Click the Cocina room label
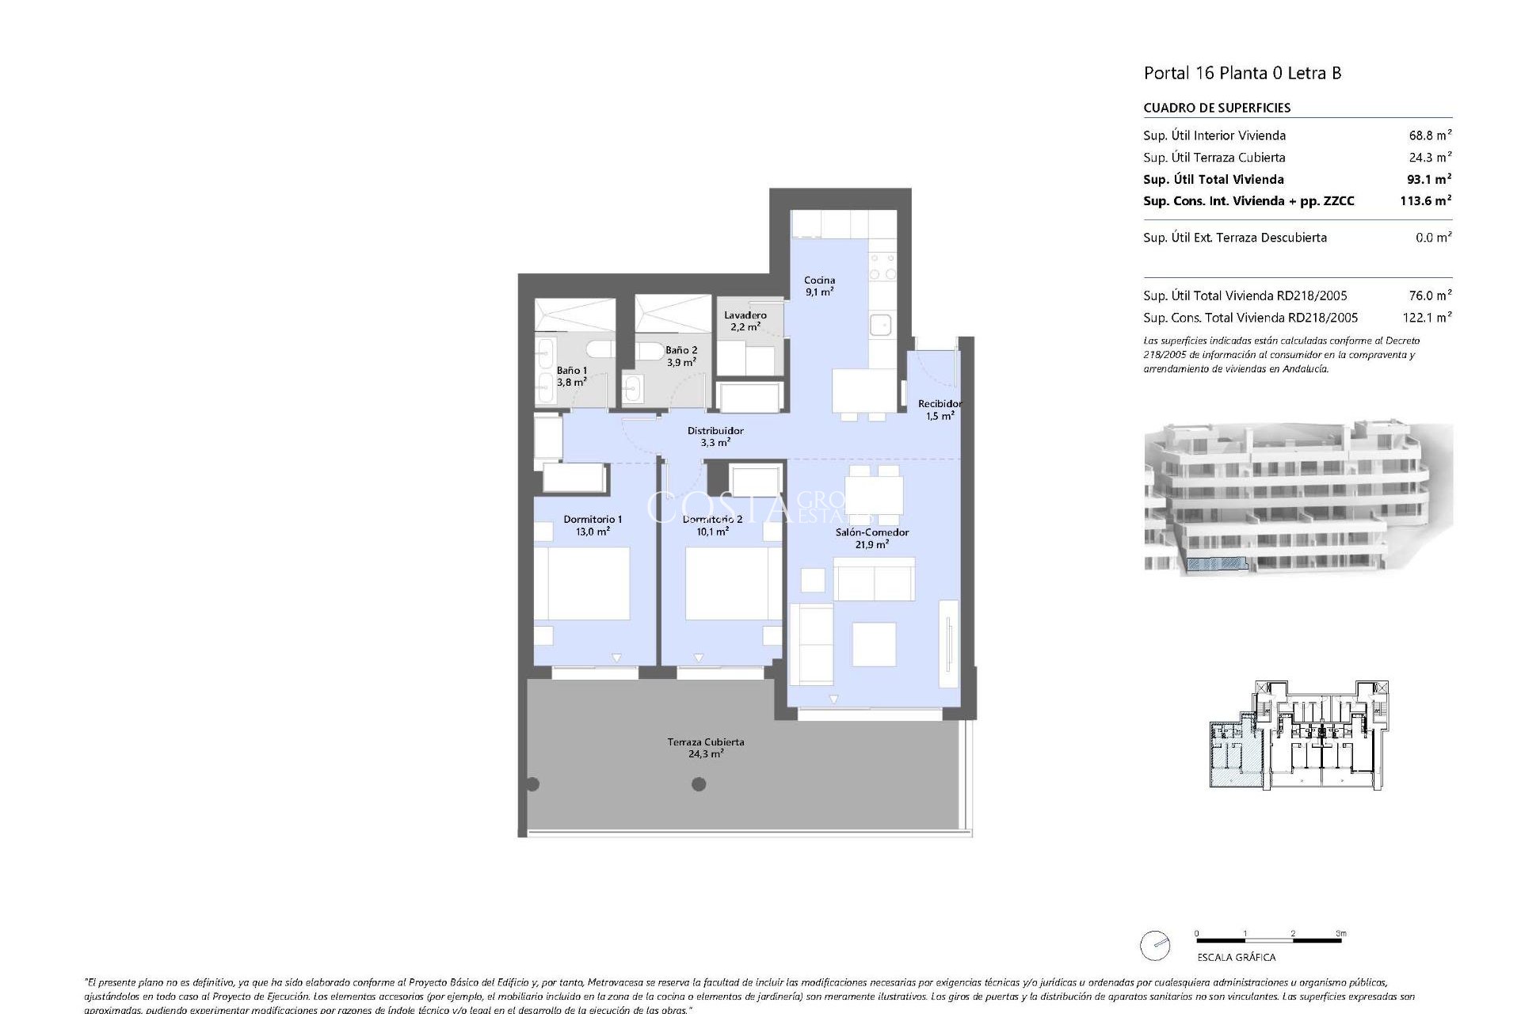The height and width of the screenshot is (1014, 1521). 819,286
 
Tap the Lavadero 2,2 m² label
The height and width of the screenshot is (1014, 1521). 745,321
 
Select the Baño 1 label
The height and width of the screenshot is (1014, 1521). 571,376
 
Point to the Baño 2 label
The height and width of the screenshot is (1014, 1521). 681,356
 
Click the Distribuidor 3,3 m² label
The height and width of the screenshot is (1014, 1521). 715,436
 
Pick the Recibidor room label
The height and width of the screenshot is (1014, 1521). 940,410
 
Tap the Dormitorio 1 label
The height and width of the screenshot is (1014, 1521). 593,525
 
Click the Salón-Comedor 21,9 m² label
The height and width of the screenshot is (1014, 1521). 871,538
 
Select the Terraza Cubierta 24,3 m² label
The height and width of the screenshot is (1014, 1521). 705,748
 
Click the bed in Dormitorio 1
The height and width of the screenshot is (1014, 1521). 581,583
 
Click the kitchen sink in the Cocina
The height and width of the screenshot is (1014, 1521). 880,325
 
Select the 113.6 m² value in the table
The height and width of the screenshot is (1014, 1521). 1425,201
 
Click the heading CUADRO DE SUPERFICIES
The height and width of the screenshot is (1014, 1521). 1217,108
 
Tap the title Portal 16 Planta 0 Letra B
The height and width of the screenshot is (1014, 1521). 1242,73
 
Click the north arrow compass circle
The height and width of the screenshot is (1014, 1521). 1155,946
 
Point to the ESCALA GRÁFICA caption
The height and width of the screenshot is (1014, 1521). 1236,957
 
